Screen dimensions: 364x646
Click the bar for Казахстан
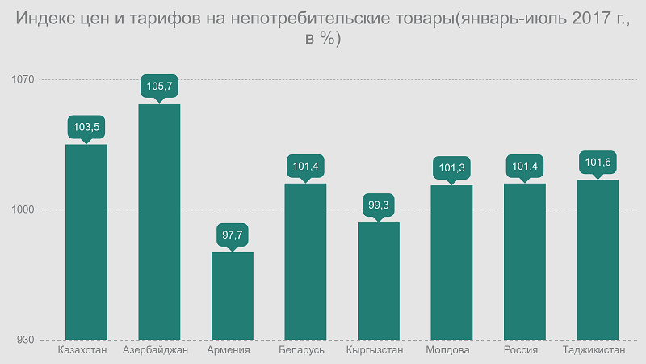pos(86,242)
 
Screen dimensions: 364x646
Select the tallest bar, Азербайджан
pos(159,222)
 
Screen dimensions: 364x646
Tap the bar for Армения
pos(233,296)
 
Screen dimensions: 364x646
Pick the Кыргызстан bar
pos(379,281)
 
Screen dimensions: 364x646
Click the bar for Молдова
pos(451,262)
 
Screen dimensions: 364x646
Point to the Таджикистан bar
pos(598,260)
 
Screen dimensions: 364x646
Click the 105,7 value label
pos(159,86)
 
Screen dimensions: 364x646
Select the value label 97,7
pos(233,235)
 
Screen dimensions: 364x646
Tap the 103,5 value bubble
pos(86,127)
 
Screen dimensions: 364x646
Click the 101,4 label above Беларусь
pos(305,167)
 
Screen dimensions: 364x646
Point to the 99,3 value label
pos(379,205)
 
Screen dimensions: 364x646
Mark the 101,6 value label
pos(598,163)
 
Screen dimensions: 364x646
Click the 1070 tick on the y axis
pos(23,79)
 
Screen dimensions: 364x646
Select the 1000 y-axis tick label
pos(23,210)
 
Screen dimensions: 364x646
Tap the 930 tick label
pos(26,340)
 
